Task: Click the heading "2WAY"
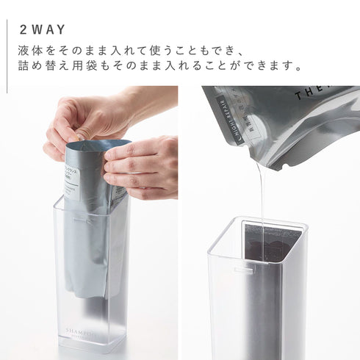point(43,29)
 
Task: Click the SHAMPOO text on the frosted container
point(82,331)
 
